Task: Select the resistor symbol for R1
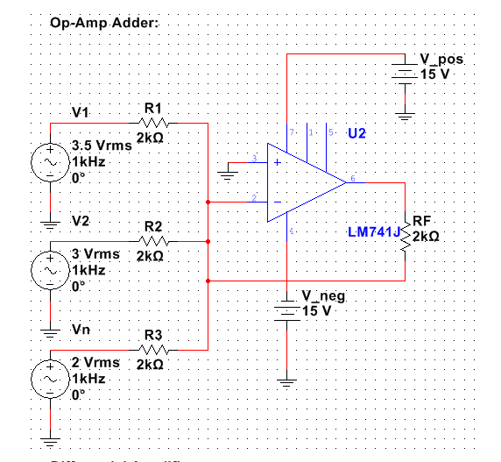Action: click(152, 124)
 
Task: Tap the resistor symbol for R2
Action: click(152, 240)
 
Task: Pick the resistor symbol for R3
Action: click(152, 349)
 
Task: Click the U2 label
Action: click(356, 134)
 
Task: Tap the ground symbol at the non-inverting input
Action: click(229, 174)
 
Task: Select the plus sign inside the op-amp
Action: click(278, 163)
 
